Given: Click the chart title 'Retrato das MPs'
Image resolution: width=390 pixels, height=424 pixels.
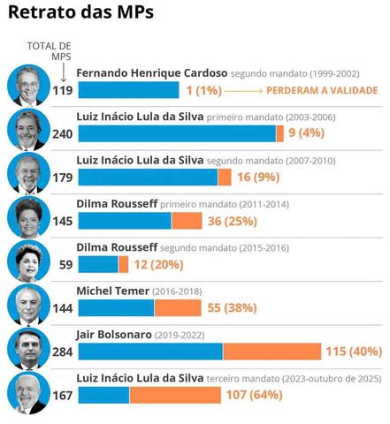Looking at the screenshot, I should (x=80, y=13).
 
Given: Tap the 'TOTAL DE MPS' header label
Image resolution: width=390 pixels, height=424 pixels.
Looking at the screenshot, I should (x=49, y=51).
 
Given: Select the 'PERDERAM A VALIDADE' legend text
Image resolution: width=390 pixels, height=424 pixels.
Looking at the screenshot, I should (x=324, y=90).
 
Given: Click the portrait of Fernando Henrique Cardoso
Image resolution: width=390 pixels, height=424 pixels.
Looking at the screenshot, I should (x=27, y=86).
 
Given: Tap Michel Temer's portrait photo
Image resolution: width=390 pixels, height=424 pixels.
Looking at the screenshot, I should (x=27, y=306).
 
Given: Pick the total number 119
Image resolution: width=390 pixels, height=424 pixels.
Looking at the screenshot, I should (x=61, y=89).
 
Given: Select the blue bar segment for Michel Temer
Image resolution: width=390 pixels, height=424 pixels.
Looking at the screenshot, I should (x=116, y=308).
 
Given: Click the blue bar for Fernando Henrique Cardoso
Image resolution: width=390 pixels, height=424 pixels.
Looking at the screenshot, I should (x=129, y=89).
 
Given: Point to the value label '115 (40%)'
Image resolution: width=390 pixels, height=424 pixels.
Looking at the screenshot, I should (x=354, y=352).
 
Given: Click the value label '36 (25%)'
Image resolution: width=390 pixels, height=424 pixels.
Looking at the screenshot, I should (x=233, y=221).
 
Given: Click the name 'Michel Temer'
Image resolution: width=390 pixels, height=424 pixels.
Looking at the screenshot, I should (x=113, y=291).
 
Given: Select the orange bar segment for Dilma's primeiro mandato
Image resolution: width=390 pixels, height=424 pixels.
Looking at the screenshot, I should (x=186, y=221).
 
